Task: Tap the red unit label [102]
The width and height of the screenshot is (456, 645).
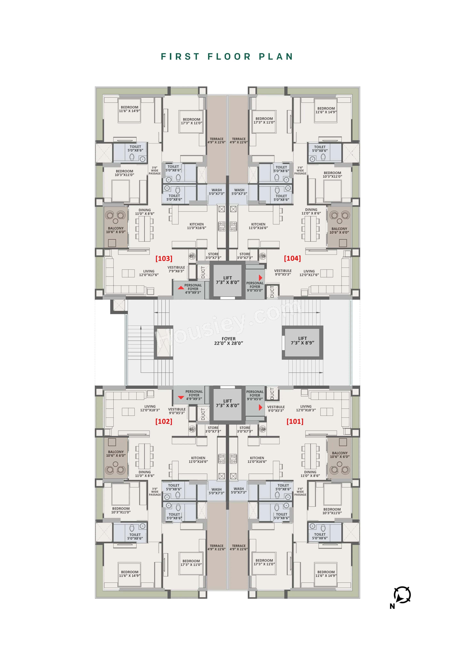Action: [x=164, y=421]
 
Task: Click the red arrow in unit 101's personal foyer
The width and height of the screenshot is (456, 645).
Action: [x=260, y=407]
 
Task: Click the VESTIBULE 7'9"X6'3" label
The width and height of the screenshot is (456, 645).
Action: [x=176, y=269]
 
